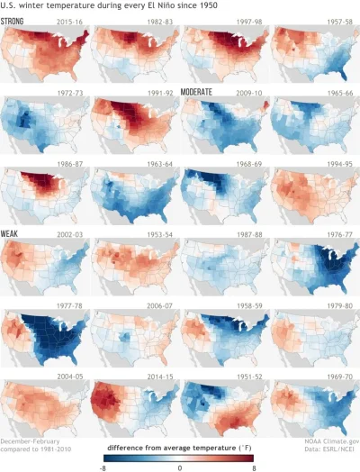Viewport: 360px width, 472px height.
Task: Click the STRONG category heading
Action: coord(17,20)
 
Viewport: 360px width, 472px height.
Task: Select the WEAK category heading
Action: coord(13,233)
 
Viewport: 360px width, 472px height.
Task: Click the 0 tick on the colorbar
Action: coord(181,467)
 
